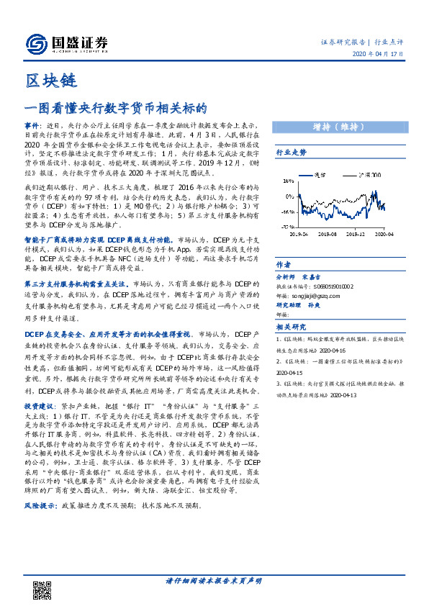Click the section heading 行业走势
point(292,153)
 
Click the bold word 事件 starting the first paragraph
point(32,124)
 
